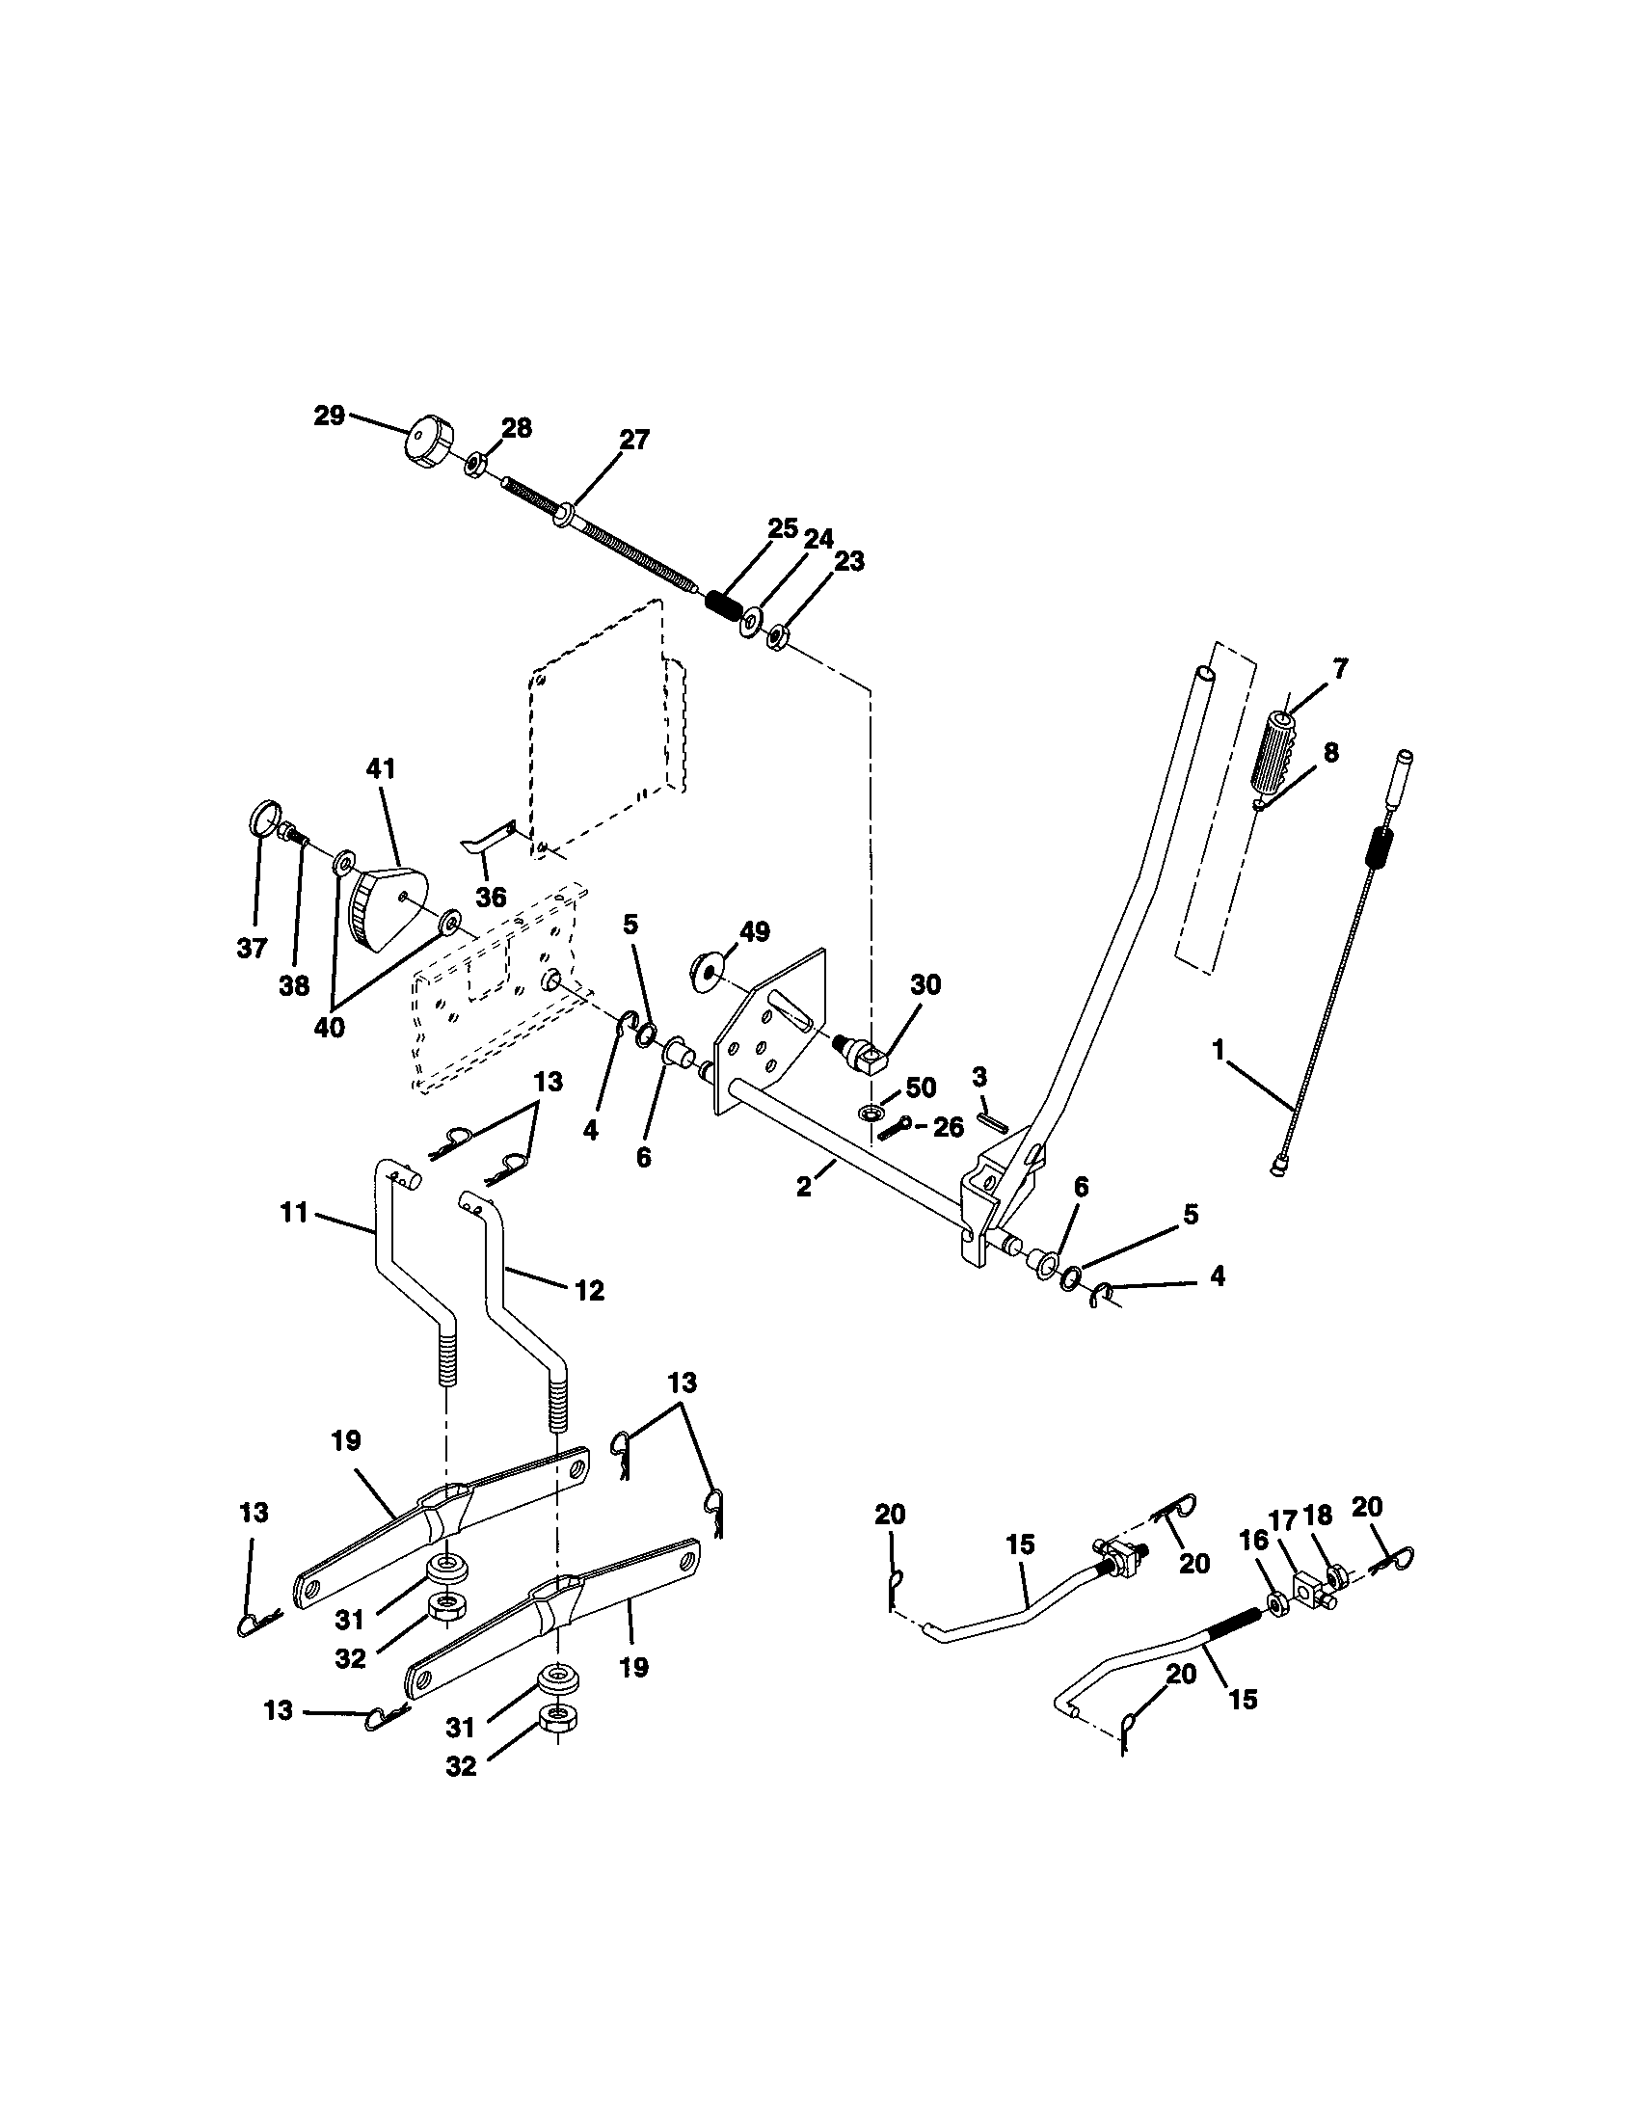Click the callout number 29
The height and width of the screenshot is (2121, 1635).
pyautogui.click(x=329, y=416)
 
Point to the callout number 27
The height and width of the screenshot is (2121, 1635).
pyautogui.click(x=633, y=439)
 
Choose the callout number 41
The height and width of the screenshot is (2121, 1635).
pyautogui.click(x=381, y=768)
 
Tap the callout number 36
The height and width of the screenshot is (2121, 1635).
pyautogui.click(x=492, y=897)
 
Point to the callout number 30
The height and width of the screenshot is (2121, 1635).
pyautogui.click(x=925, y=984)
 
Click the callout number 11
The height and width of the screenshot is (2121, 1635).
pyautogui.click(x=293, y=1212)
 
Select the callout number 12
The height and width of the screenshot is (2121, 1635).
pyautogui.click(x=589, y=1290)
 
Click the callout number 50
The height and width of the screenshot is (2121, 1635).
pyautogui.click(x=920, y=1087)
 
